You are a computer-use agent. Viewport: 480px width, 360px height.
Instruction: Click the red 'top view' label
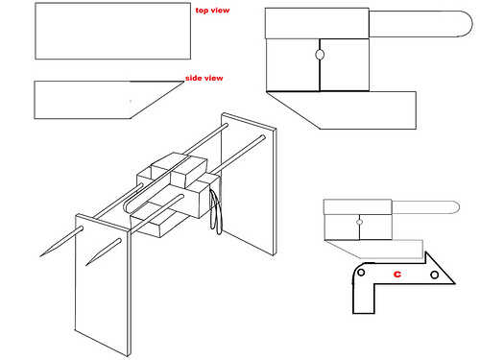pyautogui.click(x=212, y=11)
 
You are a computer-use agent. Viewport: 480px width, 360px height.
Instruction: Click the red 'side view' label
pyautogui.click(x=204, y=78)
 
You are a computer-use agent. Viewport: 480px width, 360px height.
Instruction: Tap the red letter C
pyautogui.click(x=397, y=274)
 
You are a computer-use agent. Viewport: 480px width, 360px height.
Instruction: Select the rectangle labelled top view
pyautogui.click(x=112, y=31)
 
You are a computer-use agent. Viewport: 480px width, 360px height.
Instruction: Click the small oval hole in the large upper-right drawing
pyautogui.click(x=320, y=55)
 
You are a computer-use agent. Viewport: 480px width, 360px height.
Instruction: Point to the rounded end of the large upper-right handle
pyautogui.click(x=468, y=24)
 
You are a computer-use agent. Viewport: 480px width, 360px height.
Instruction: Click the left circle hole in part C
pyautogui.click(x=361, y=273)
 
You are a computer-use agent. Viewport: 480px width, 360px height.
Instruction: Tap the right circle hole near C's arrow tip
pyautogui.click(x=434, y=275)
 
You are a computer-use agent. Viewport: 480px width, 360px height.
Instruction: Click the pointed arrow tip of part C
pyautogui.click(x=454, y=283)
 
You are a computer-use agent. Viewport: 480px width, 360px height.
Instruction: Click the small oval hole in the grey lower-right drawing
pyautogui.click(x=359, y=222)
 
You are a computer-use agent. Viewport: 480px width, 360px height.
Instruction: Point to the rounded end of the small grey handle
pyautogui.click(x=457, y=207)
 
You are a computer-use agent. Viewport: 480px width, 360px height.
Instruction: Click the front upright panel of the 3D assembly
pyautogui.click(x=103, y=285)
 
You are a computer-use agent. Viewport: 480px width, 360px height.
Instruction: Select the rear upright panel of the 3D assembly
pyautogui.click(x=249, y=184)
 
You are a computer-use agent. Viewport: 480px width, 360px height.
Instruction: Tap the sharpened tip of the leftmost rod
pyautogui.click(x=40, y=256)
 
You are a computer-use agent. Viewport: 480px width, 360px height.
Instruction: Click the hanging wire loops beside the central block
pyautogui.click(x=216, y=209)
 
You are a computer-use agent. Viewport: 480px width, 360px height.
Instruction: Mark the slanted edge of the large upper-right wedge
pyautogui.click(x=293, y=110)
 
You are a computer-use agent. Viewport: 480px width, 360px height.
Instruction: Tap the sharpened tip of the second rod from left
pyautogui.click(x=86, y=265)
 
